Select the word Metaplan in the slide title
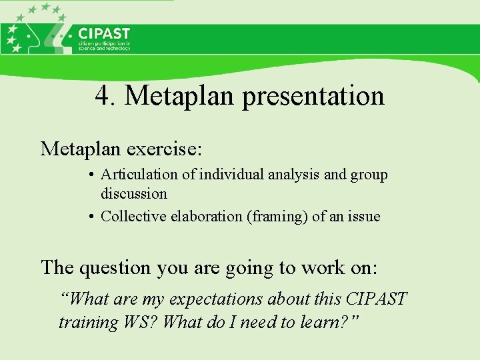coord(180,96)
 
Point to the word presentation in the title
coord(313,96)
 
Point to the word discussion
coord(134,194)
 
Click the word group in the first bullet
coord(369,175)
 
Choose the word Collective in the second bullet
coord(131,216)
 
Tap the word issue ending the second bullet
coord(364,216)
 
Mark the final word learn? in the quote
coord(327,322)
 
